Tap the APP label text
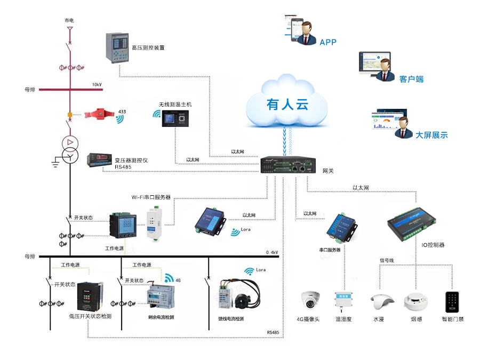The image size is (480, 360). (328, 42)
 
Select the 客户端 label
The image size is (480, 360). (411, 79)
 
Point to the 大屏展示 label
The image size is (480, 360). (431, 135)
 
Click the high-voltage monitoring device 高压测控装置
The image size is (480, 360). (117, 47)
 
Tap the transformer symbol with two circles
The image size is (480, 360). (70, 149)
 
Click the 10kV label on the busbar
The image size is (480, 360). (97, 85)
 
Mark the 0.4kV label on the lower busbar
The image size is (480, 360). (272, 252)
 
